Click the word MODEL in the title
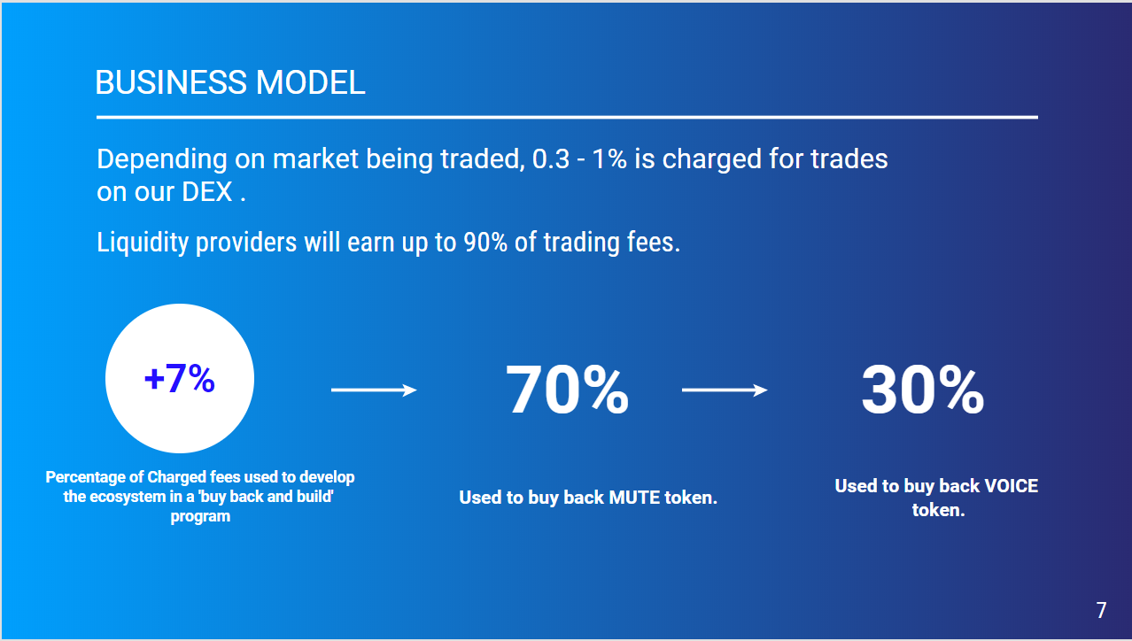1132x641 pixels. click(x=310, y=82)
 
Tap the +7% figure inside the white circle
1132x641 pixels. click(x=180, y=378)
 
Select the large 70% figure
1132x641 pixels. click(x=567, y=390)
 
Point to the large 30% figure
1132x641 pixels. click(x=923, y=390)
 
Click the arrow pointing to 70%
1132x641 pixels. click(x=374, y=390)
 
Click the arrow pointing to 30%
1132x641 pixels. click(x=725, y=390)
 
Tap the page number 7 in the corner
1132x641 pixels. click(x=1101, y=610)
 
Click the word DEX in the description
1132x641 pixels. click(x=207, y=192)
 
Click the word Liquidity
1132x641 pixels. click(x=143, y=243)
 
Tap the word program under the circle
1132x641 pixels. click(x=200, y=517)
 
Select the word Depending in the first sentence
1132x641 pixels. click(x=162, y=159)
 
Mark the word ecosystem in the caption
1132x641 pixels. click(x=121, y=497)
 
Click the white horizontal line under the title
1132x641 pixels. click(x=567, y=117)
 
